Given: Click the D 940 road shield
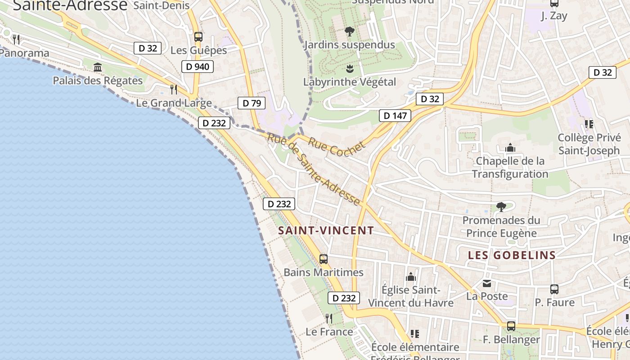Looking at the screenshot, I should click(197, 67).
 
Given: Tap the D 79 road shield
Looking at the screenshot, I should click(252, 103).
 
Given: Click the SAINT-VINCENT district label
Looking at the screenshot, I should click(326, 231).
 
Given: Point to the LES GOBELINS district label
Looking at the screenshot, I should click(512, 255).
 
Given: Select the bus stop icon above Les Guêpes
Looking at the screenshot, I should click(198, 37).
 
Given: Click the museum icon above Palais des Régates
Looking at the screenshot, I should click(97, 67).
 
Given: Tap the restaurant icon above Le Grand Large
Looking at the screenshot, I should click(174, 90).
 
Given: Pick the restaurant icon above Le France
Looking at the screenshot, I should click(329, 319).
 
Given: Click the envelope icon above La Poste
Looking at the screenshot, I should click(487, 283).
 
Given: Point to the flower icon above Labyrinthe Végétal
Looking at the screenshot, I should click(349, 69).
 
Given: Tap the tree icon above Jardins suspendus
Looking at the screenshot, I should click(349, 31).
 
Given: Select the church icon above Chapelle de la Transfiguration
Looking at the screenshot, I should click(510, 148).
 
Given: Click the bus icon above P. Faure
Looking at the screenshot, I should click(554, 289).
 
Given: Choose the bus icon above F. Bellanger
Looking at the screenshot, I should click(511, 326).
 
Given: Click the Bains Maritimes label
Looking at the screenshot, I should click(323, 273).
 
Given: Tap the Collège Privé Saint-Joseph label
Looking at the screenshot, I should click(589, 144).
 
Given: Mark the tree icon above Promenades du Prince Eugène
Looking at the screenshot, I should click(501, 207).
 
